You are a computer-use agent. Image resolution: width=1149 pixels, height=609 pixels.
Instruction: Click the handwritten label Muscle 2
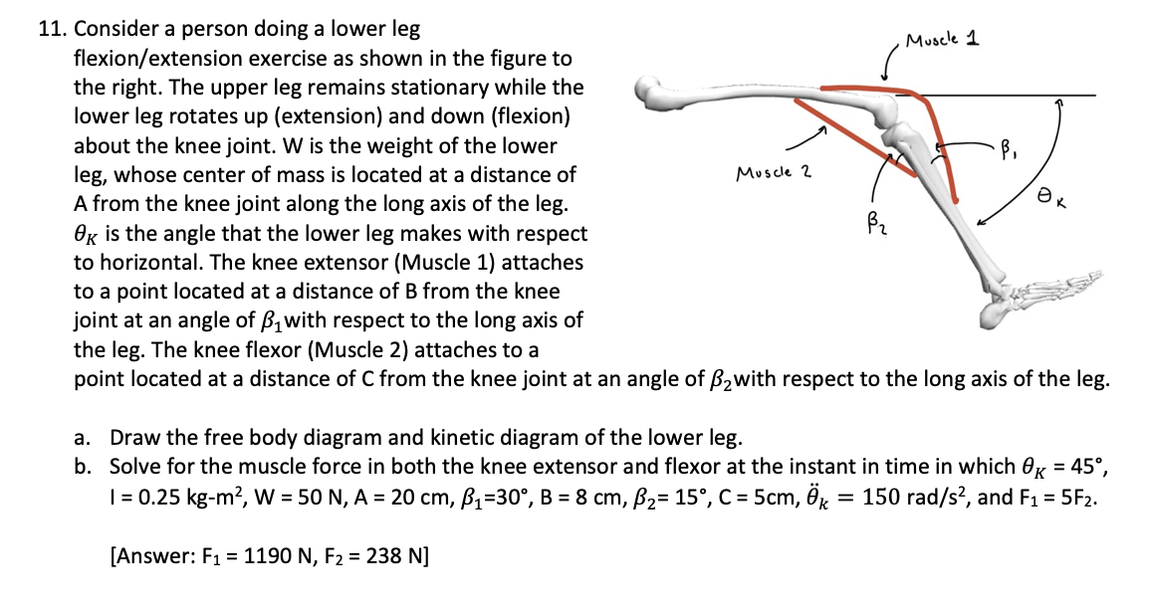(773, 173)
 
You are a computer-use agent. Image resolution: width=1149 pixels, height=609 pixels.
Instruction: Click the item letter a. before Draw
(86, 437)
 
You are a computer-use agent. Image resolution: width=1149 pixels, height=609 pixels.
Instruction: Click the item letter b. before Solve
(87, 467)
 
